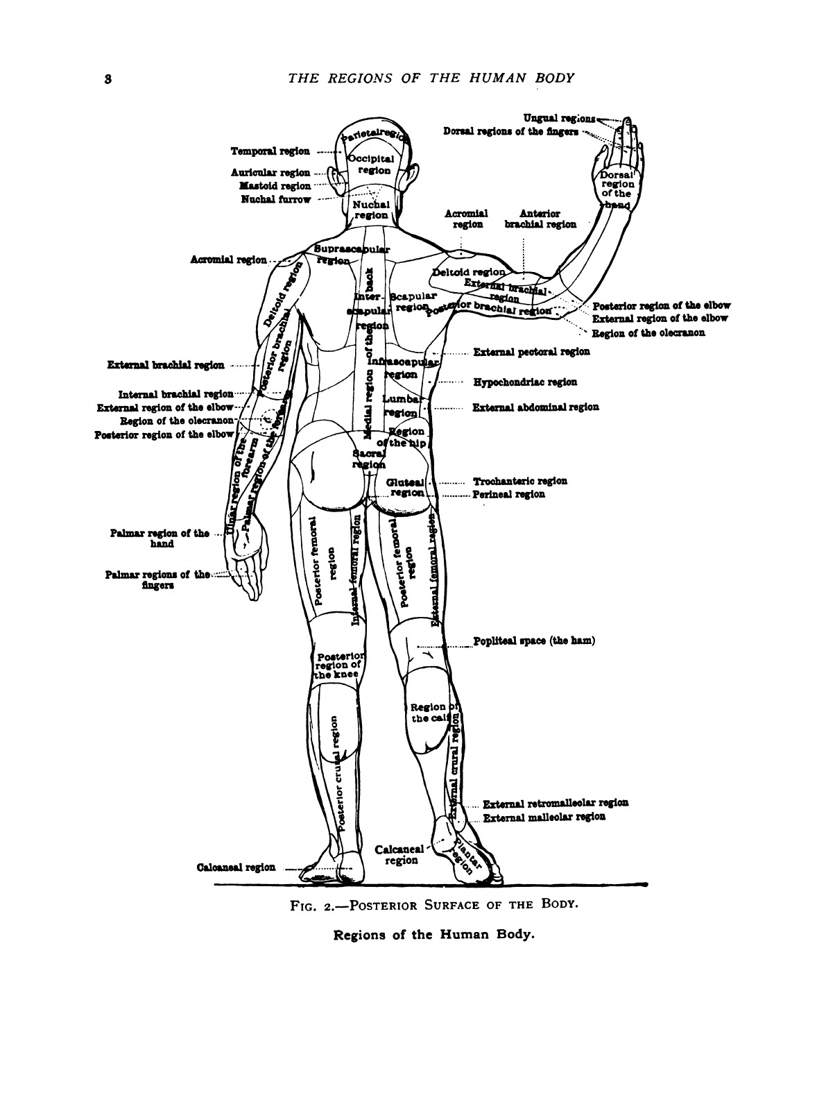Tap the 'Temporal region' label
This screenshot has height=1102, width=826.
(x=270, y=151)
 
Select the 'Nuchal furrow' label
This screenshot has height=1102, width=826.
(x=275, y=199)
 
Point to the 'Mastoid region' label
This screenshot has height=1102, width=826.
(x=275, y=186)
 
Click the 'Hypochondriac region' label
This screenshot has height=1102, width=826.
(x=525, y=382)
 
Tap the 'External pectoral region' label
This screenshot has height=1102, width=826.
(x=531, y=352)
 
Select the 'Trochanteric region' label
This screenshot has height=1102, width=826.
(x=520, y=480)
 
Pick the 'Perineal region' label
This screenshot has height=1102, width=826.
(x=508, y=494)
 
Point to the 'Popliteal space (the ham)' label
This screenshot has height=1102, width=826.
(x=534, y=641)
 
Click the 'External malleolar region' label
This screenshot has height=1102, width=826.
(x=544, y=817)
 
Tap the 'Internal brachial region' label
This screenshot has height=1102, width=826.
(x=175, y=393)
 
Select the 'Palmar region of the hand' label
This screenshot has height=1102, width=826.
(x=159, y=539)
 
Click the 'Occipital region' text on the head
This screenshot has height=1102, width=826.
(x=374, y=164)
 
